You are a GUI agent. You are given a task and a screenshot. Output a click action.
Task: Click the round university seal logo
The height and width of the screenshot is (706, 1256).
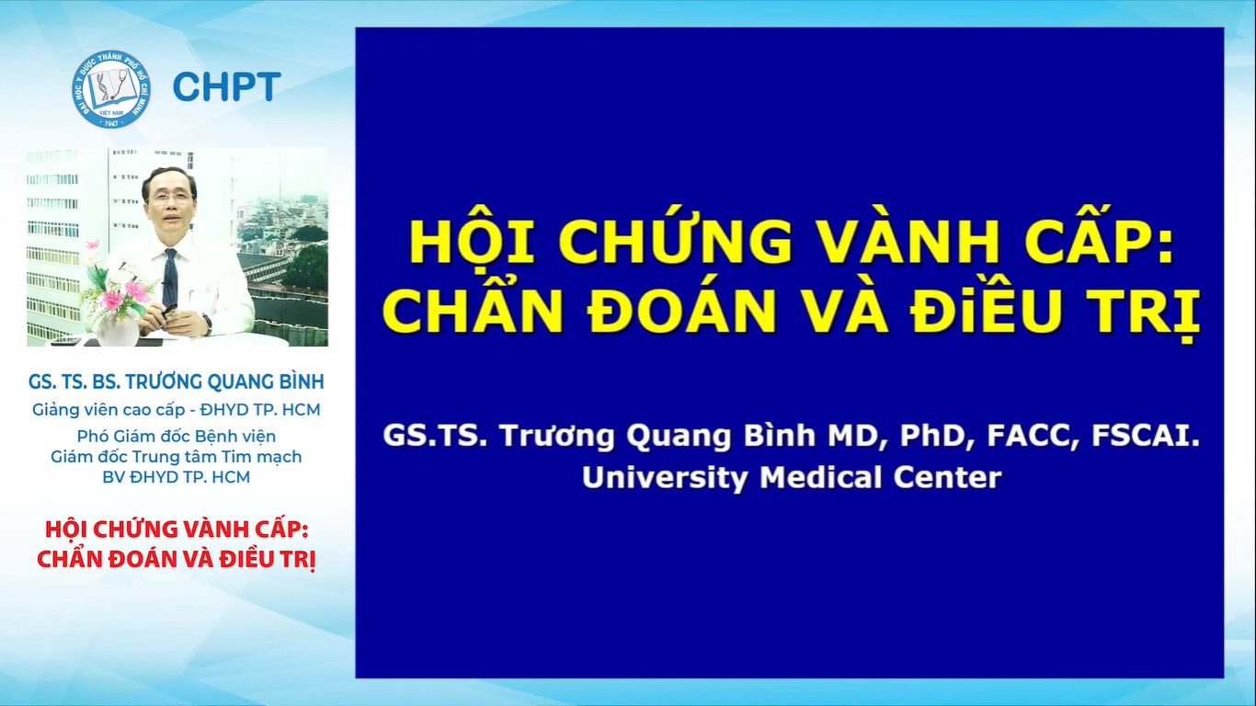point(111,89)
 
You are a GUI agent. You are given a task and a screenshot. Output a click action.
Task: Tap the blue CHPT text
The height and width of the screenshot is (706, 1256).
point(227,87)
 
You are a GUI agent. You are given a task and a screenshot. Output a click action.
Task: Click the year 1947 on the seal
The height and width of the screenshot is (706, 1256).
point(111,121)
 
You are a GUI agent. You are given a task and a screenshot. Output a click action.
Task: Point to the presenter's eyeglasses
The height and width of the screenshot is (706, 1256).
point(170,198)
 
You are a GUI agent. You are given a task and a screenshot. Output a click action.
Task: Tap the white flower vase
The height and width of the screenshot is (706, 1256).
point(117,330)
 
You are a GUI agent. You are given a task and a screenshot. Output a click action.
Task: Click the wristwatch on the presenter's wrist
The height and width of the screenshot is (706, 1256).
point(208,325)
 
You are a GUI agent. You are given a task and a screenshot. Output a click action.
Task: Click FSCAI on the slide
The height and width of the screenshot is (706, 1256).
point(1146,437)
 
